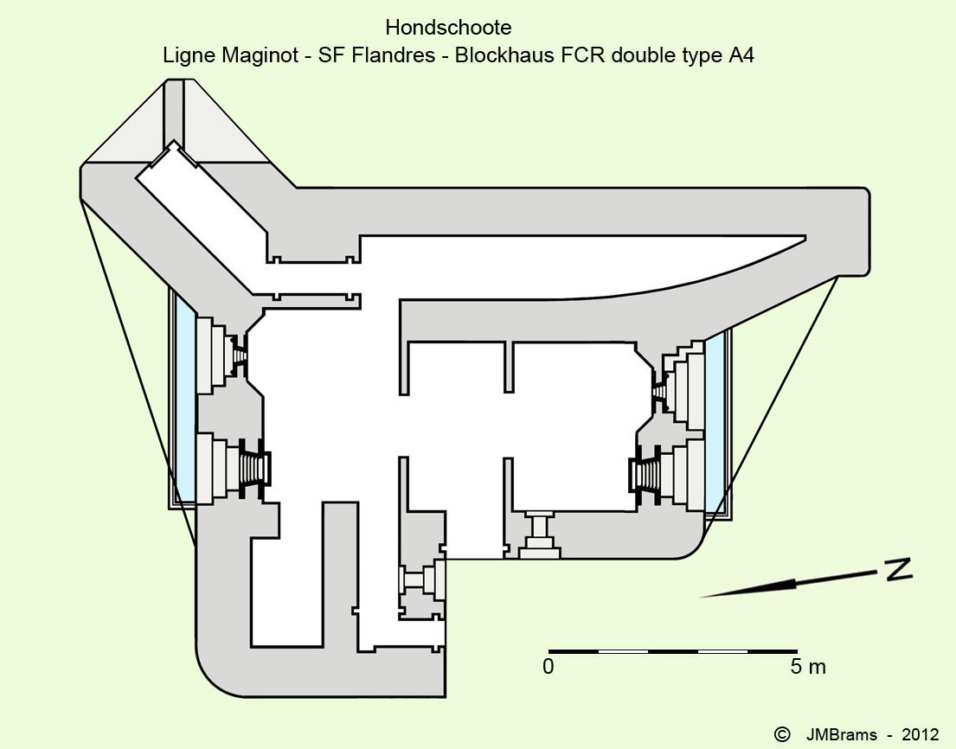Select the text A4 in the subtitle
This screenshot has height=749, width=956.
(741, 55)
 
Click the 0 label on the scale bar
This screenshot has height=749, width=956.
(549, 667)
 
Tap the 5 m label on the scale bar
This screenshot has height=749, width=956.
(807, 667)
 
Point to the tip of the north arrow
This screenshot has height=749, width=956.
(703, 595)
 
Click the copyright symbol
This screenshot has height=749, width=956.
(782, 733)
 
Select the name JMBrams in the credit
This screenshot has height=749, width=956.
(842, 734)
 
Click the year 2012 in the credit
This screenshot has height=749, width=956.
(919, 734)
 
